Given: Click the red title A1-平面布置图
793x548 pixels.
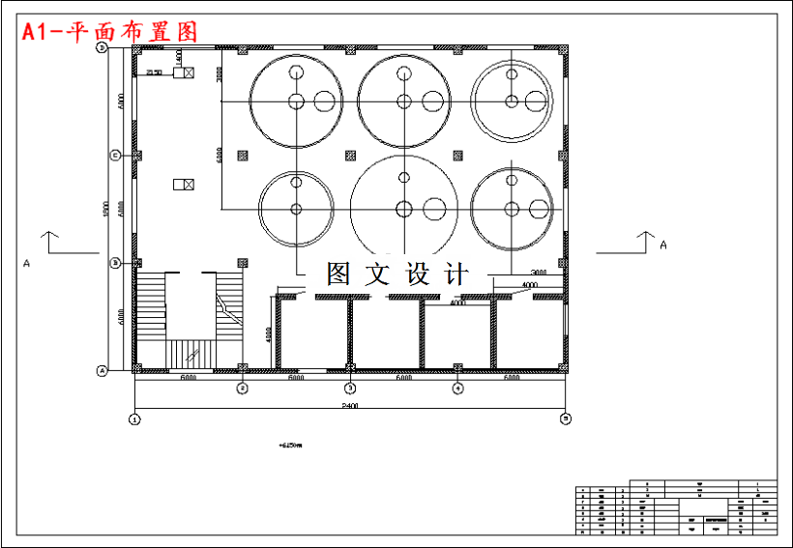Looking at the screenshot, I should pyautogui.click(x=109, y=31).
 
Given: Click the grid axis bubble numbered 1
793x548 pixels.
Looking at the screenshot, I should pyautogui.click(x=135, y=418).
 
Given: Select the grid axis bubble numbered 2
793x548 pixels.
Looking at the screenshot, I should pyautogui.click(x=243, y=389).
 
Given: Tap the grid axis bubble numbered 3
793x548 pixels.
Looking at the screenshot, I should pyautogui.click(x=351, y=389).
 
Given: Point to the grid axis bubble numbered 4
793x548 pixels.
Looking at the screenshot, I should pyautogui.click(x=458, y=389).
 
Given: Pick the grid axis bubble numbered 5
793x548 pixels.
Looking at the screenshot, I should pyautogui.click(x=566, y=418).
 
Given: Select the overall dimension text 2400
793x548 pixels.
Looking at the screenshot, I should pyautogui.click(x=350, y=407).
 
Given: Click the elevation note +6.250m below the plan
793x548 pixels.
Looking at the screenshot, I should pyautogui.click(x=290, y=446).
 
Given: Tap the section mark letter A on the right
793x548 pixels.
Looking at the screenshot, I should pyautogui.click(x=663, y=245).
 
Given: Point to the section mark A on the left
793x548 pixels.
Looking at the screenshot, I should pyautogui.click(x=27, y=262).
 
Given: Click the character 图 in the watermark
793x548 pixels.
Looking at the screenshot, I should pyautogui.click(x=338, y=274).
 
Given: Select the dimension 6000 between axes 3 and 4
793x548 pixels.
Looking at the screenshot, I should pyautogui.click(x=404, y=378).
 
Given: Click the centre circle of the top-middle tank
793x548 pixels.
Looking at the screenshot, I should pyautogui.click(x=404, y=101).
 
